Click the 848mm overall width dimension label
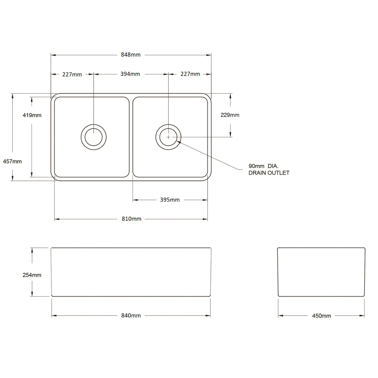point(131,55)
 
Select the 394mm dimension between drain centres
point(130,74)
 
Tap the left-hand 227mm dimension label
point(72,75)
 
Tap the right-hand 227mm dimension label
point(190,74)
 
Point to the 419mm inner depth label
point(32,115)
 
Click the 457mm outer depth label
point(12,162)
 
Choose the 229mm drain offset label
point(230,115)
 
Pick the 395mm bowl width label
point(170,200)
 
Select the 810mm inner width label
point(131,219)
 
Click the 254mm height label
point(32,275)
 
